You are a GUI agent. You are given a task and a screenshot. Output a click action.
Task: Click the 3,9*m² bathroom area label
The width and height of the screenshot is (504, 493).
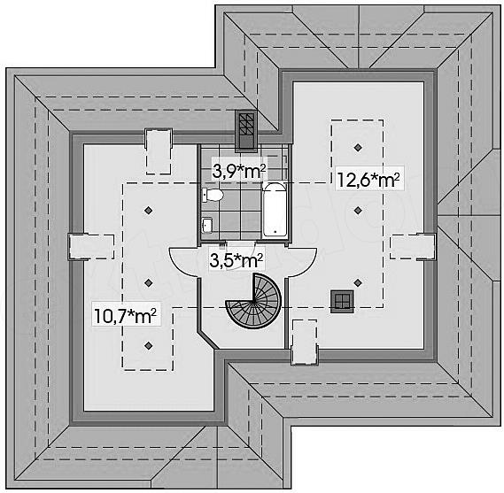click(x=239, y=172)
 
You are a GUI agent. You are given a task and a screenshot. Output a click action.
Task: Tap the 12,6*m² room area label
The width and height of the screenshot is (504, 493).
click(x=368, y=180)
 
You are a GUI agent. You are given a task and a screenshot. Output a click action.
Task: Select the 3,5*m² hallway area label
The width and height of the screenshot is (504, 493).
click(x=236, y=260)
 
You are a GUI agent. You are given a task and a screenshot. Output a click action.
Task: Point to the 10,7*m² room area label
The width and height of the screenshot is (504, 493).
click(x=126, y=315)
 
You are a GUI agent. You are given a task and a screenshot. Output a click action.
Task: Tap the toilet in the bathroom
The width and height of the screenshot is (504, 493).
click(x=213, y=195)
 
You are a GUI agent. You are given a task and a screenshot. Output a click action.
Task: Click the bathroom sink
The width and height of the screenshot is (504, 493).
click(x=207, y=224)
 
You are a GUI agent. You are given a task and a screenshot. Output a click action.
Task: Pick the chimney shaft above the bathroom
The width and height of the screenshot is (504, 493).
click(x=246, y=131)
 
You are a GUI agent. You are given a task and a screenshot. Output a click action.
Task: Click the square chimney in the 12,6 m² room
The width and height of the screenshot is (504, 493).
click(x=342, y=301)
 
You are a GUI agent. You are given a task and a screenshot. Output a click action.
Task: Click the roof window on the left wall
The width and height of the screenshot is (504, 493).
click(x=91, y=246)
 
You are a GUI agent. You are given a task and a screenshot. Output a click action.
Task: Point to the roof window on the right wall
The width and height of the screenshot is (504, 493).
click(x=413, y=247)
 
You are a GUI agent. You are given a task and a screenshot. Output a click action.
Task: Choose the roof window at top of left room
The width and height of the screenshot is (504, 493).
click(x=159, y=151)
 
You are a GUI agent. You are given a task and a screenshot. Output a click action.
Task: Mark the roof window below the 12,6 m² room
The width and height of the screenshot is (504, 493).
click(x=305, y=343)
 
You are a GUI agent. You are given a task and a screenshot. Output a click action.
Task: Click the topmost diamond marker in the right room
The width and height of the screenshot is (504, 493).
click(x=358, y=148)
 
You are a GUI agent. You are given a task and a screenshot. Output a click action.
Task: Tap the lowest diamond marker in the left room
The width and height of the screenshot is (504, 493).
click(x=148, y=345)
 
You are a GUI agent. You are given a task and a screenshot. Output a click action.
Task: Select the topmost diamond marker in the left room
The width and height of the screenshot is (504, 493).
click(x=148, y=211)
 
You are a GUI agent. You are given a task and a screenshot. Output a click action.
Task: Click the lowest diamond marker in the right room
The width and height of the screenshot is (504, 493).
click(x=358, y=282)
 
